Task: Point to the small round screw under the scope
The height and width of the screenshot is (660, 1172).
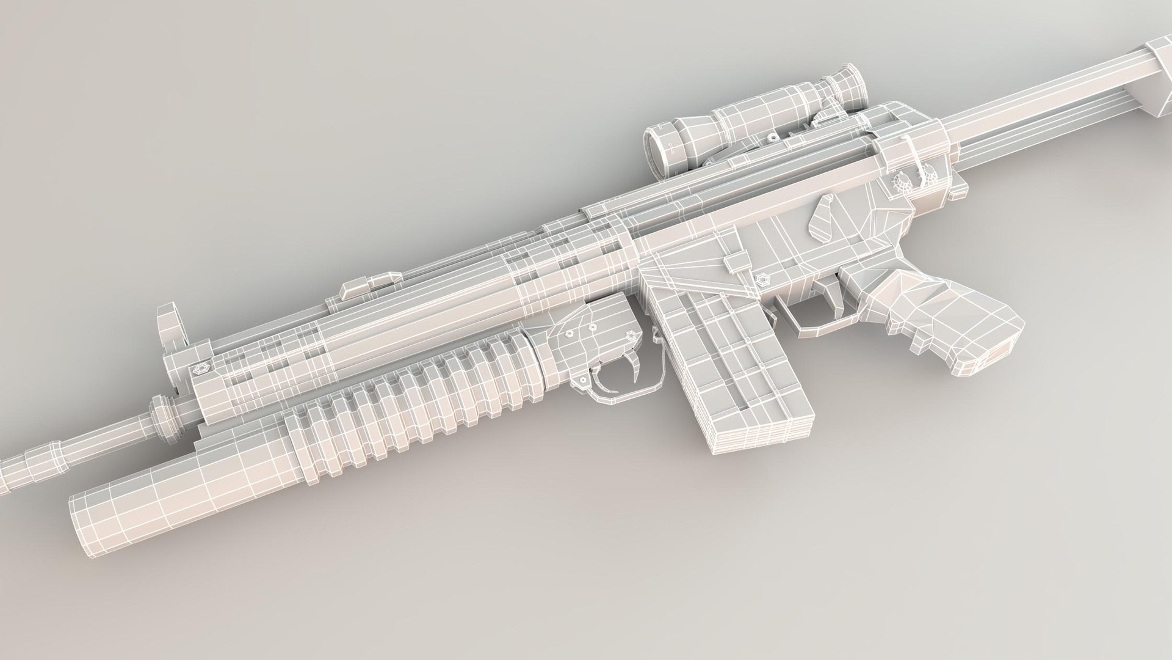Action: [x=772, y=138]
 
